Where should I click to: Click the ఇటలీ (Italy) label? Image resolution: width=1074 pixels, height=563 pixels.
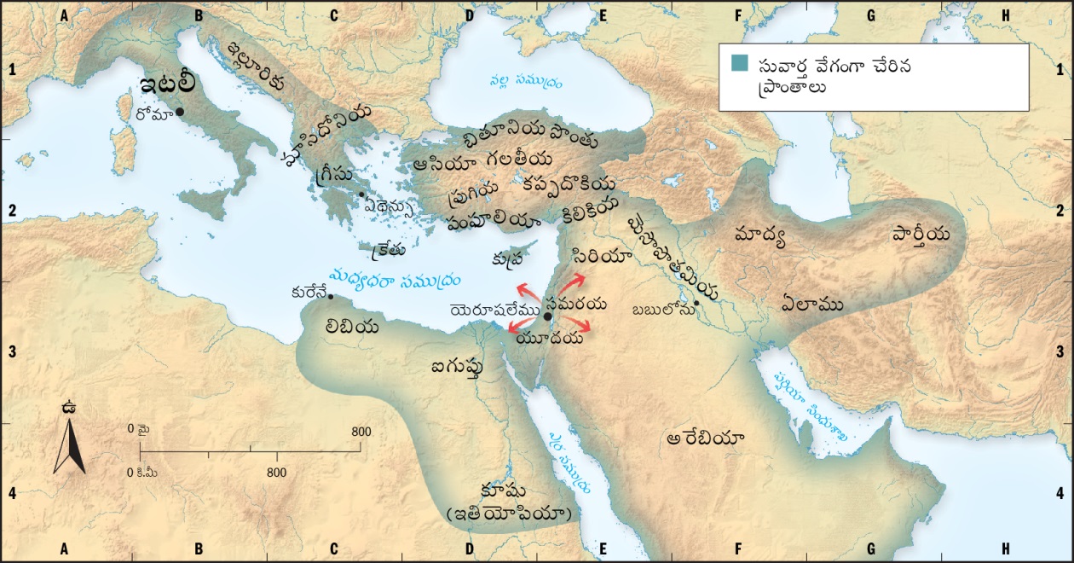[x=168, y=85]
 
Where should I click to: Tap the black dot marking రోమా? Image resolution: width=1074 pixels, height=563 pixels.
[x=180, y=112]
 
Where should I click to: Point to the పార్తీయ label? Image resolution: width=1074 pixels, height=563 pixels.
[x=921, y=233]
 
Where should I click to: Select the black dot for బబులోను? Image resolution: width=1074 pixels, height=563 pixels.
[x=696, y=303]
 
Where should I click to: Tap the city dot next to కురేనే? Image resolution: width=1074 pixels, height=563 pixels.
[x=331, y=297]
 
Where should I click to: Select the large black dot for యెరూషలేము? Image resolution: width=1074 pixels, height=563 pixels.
[x=547, y=316]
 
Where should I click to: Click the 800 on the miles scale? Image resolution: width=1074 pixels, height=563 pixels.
[x=361, y=432]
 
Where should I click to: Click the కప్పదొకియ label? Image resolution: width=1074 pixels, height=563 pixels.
[x=569, y=183]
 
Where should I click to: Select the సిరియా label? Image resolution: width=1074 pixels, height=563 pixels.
[x=603, y=256]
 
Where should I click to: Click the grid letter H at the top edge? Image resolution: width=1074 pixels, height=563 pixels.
[x=1006, y=15]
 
